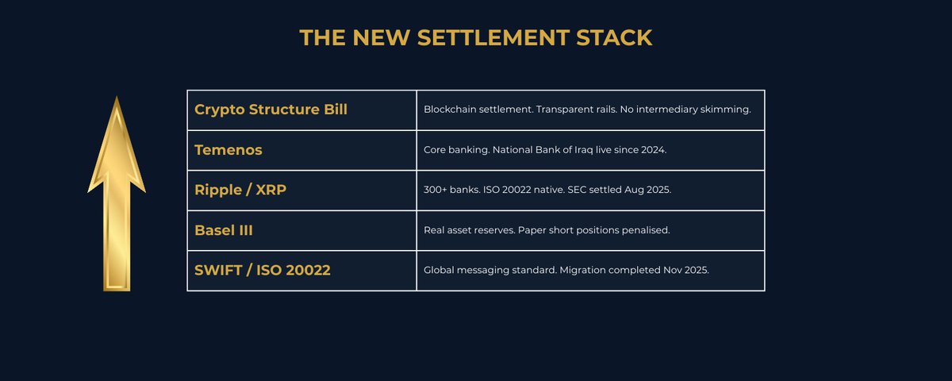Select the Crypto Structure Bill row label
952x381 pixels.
tap(271, 110)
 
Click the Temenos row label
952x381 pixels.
tap(228, 150)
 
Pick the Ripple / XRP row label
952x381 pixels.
tap(240, 190)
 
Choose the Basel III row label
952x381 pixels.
tap(224, 230)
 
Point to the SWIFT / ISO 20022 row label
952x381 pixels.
tap(263, 271)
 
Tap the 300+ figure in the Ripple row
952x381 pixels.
tap(436, 190)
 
